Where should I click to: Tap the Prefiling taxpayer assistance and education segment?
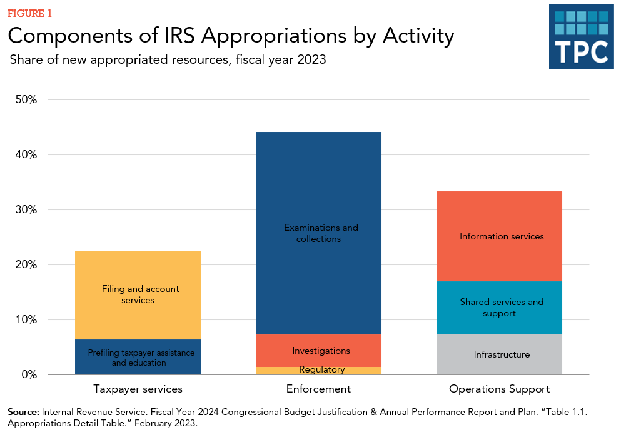[x=138, y=357]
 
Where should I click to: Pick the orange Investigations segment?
[x=318, y=351]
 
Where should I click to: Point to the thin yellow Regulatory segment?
[x=318, y=370]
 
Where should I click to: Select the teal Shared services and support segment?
[x=499, y=307]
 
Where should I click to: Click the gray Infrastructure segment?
[x=499, y=354]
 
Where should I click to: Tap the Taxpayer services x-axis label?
[x=138, y=389]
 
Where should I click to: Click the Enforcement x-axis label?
[x=318, y=389]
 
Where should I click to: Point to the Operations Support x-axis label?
[x=499, y=389]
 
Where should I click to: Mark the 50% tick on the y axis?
[x=26, y=99]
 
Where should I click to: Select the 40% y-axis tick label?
[x=26, y=154]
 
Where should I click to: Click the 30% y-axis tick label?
[x=26, y=209]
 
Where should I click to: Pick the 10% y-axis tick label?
[x=26, y=319]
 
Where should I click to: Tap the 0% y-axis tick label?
[x=29, y=374]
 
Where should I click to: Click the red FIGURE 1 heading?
[x=29, y=13]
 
